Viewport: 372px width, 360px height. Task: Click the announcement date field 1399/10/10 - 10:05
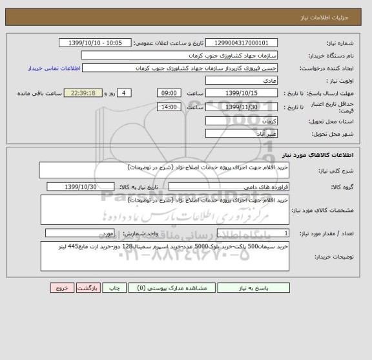tap(96, 43)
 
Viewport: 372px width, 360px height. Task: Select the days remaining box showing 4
tap(124, 93)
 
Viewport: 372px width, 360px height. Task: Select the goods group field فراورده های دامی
tap(228, 187)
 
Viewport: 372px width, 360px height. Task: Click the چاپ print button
tap(113, 289)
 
